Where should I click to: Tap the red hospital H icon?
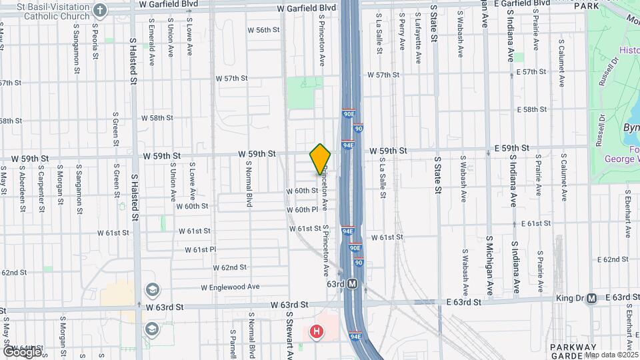[317, 331]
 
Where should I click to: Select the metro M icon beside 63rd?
[353, 284]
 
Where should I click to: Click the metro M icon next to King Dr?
[591, 299]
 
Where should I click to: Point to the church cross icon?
[100, 10]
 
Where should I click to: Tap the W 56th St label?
[263, 30]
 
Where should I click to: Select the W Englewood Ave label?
[230, 287]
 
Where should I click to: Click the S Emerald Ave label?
[152, 46]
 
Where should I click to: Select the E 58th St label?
[531, 109]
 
